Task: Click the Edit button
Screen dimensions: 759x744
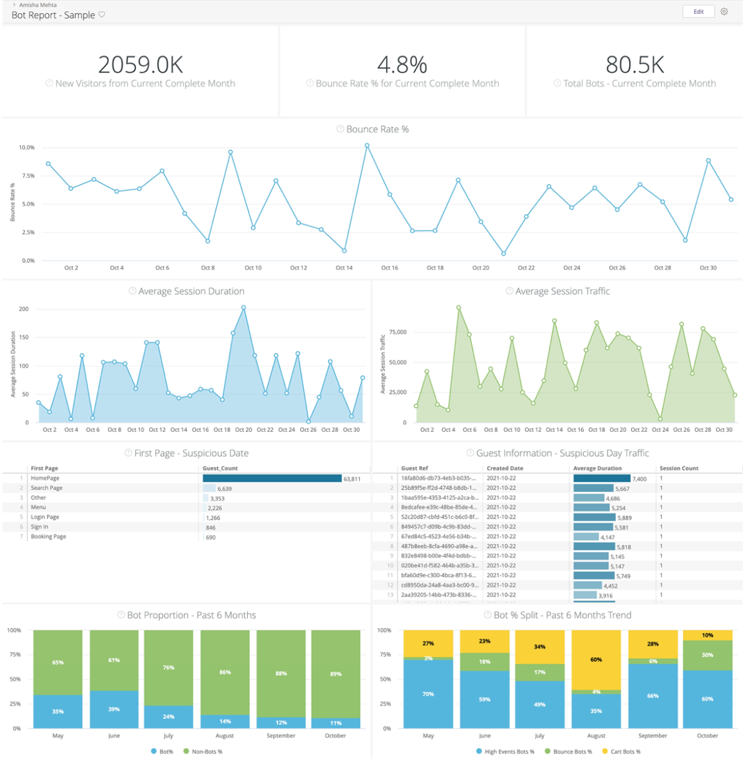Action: pos(698,12)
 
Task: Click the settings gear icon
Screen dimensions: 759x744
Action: pos(724,12)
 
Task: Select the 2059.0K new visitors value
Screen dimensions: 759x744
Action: pos(140,65)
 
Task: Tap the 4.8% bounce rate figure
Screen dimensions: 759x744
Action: pos(402,65)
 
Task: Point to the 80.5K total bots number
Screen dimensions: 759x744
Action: pos(635,65)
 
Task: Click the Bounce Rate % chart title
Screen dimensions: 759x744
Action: pos(377,129)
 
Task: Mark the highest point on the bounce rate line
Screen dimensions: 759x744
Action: pos(367,146)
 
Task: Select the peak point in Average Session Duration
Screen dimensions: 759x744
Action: pos(243,307)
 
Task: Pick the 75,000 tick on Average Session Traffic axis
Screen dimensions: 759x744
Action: pos(398,332)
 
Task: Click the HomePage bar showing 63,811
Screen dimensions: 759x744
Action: pos(272,478)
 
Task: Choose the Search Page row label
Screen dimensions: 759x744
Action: pos(47,488)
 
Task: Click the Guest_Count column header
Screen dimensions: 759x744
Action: pos(220,468)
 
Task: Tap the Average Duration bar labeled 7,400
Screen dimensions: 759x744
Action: pos(601,478)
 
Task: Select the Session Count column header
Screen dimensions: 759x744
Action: pos(679,468)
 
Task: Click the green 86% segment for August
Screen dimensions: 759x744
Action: pos(225,672)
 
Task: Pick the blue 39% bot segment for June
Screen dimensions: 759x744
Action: pos(114,709)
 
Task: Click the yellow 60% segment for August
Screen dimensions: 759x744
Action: pos(596,660)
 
